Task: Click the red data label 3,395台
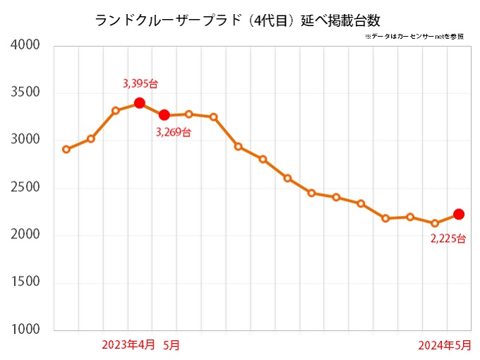(140, 83)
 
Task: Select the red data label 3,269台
(174, 132)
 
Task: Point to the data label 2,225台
(448, 239)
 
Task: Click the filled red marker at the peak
(140, 103)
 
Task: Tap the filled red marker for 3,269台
(164, 115)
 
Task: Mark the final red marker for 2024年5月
(459, 214)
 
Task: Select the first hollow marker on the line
(66, 150)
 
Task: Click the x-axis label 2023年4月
(128, 345)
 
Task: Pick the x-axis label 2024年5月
(444, 345)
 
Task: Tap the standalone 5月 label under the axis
(172, 345)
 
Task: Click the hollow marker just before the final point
(435, 223)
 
